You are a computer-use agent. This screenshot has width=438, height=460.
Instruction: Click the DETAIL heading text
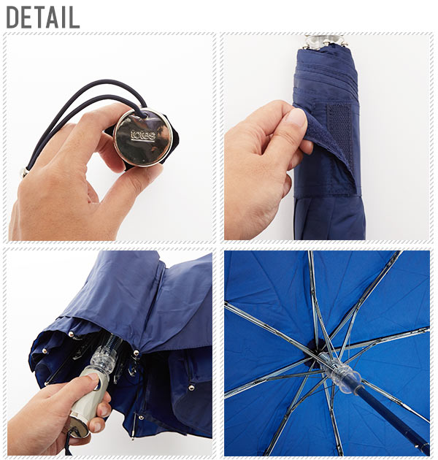pyautogui.click(x=43, y=18)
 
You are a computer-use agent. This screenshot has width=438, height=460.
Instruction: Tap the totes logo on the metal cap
pyautogui.click(x=143, y=135)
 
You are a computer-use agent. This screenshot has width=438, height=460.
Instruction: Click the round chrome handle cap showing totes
pyautogui.click(x=143, y=137)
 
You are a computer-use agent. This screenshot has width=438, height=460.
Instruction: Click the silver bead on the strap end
pyautogui.click(x=23, y=172)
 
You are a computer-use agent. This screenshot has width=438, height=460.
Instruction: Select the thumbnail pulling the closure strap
pyautogui.click(x=296, y=118)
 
